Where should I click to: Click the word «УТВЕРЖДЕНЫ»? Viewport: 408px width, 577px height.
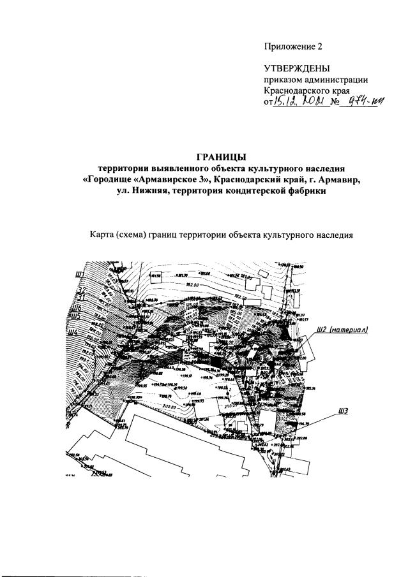coord(296,69)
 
